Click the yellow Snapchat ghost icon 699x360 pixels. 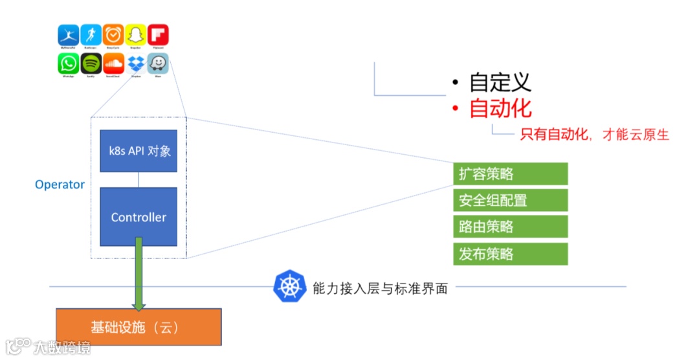pos(135,34)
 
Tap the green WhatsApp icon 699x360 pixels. pos(69,63)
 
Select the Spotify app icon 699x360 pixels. pos(91,63)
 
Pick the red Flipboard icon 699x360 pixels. pos(158,34)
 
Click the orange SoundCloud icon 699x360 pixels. pos(113,63)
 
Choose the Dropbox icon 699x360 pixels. pos(135,63)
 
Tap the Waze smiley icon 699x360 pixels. pos(158,63)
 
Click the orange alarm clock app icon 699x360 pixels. pos(113,34)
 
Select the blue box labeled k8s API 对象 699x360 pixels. pos(139,151)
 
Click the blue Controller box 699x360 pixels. pos(139,217)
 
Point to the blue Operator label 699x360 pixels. pos(60,185)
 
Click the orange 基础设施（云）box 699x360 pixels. pos(139,327)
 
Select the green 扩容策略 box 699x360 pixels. pos(510,174)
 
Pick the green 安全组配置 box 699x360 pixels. pos(510,200)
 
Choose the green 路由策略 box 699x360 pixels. pos(510,227)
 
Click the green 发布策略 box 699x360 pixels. pos(510,254)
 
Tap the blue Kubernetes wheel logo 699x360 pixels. pos(289,287)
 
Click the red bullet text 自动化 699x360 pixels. pos(500,108)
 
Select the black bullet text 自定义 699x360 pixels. pos(500,82)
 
